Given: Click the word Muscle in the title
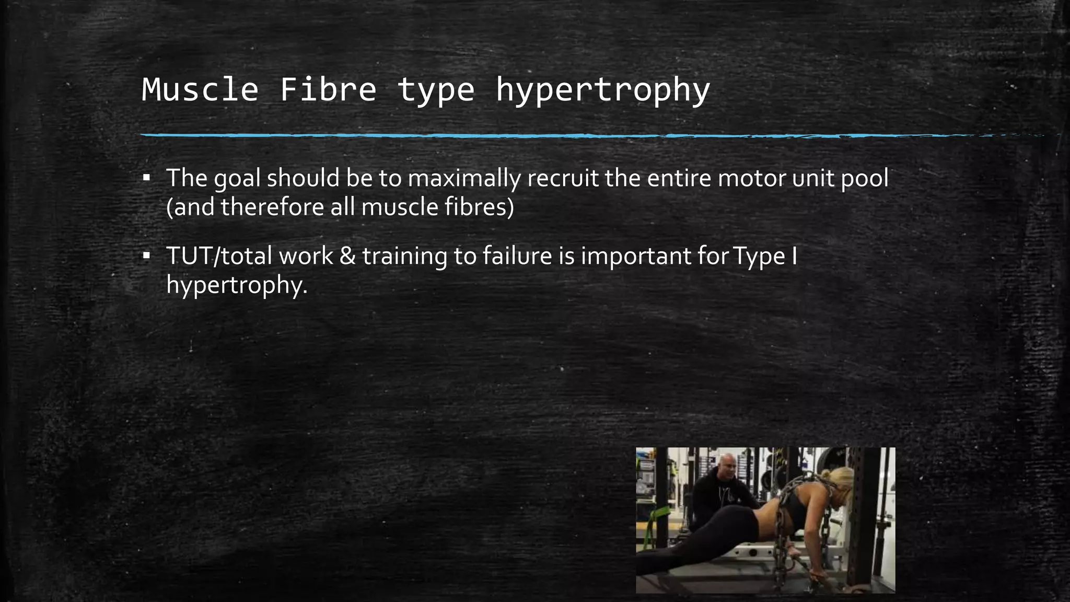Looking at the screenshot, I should pyautogui.click(x=200, y=89).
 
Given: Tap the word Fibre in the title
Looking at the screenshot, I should pyautogui.click(x=328, y=89).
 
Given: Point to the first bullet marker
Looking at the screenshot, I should pyautogui.click(x=146, y=178).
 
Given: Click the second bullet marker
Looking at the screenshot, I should pyautogui.click(x=146, y=256).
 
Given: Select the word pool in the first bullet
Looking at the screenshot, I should pyautogui.click(x=864, y=179).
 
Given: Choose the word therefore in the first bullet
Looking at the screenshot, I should pyautogui.click(x=272, y=207).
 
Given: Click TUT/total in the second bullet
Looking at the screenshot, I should pyautogui.click(x=219, y=256).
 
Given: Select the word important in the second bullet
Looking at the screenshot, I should pyautogui.click(x=636, y=256).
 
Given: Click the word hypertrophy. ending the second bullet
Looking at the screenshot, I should pyautogui.click(x=237, y=285).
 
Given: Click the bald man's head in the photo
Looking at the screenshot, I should pyautogui.click(x=726, y=464).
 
